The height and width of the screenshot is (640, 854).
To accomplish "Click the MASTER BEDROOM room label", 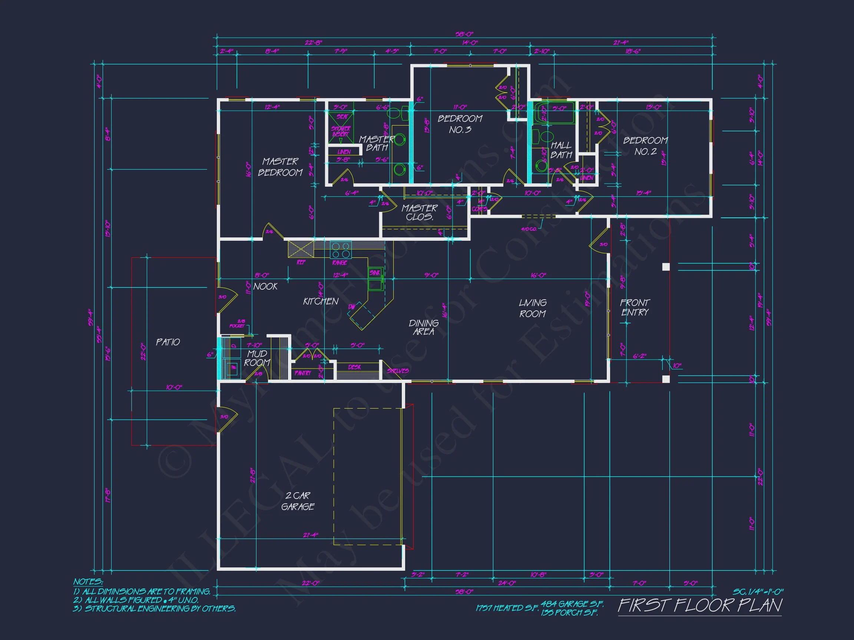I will coord(280,167).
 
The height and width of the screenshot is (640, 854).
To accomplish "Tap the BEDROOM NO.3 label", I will coord(460,124).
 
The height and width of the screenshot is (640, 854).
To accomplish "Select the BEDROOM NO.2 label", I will coord(645,146).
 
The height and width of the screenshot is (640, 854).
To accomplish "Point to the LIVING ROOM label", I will coord(532,308).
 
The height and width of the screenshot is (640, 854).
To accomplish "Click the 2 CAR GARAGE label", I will coord(298,501).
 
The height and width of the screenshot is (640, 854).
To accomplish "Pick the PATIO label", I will coord(168,342).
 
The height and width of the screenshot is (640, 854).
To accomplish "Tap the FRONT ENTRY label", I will coord(635,307).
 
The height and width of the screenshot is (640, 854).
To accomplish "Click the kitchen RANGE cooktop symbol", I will coord(341,250).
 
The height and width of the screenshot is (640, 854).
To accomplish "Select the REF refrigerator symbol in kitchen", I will coord(301,249).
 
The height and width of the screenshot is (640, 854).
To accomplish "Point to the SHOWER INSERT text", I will coord(341,131).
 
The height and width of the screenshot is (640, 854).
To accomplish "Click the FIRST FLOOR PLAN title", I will coord(699,605).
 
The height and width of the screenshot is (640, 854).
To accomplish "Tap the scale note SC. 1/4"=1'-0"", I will coord(758,592).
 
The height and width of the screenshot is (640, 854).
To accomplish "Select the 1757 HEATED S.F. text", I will coord(507,608).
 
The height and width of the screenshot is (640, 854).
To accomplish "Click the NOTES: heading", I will coord(88,582).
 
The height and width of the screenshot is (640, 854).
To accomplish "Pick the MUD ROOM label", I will coord(257,358).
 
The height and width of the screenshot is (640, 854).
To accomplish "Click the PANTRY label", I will coord(303,373).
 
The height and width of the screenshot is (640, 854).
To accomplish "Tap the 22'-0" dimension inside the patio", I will coord(143,351).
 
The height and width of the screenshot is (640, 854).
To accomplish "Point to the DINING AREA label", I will coord(424,327).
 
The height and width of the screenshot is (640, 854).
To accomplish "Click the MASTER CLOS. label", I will coord(419,212).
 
